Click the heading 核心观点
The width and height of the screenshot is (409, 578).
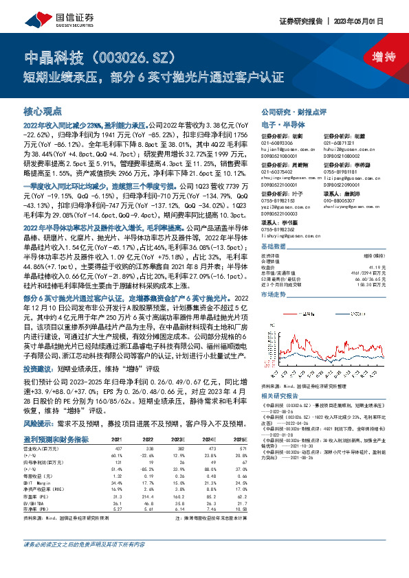[43, 111]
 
